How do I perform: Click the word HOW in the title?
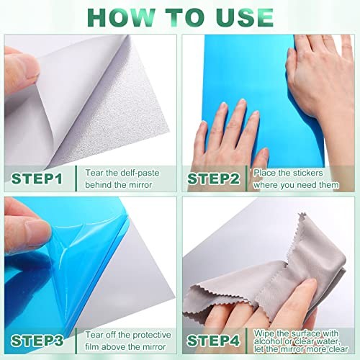click(x=121, y=18)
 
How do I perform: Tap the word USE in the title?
click(x=244, y=18)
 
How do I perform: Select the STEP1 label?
click(x=37, y=179)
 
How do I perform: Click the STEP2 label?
click(x=213, y=179)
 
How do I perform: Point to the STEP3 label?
click(x=37, y=341)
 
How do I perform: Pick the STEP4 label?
click(x=213, y=341)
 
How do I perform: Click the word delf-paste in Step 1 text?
click(x=140, y=173)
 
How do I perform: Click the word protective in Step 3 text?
click(x=152, y=335)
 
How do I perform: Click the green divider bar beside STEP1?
click(x=76, y=179)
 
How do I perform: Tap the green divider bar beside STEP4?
click(x=246, y=341)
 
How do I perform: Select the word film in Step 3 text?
click(x=91, y=347)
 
